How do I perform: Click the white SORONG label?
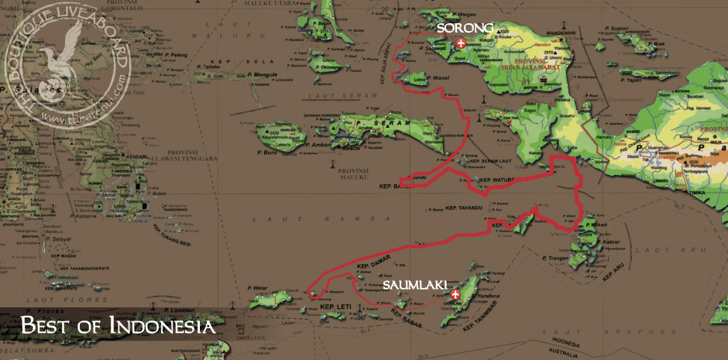pyautogui.click(x=465, y=29)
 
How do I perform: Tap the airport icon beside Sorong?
pyautogui.click(x=462, y=43)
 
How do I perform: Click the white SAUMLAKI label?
pyautogui.click(x=413, y=286)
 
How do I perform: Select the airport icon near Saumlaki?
pyautogui.click(x=455, y=294)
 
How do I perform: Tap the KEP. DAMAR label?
pyautogui.click(x=371, y=266)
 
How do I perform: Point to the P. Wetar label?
pyautogui.click(x=259, y=288)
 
